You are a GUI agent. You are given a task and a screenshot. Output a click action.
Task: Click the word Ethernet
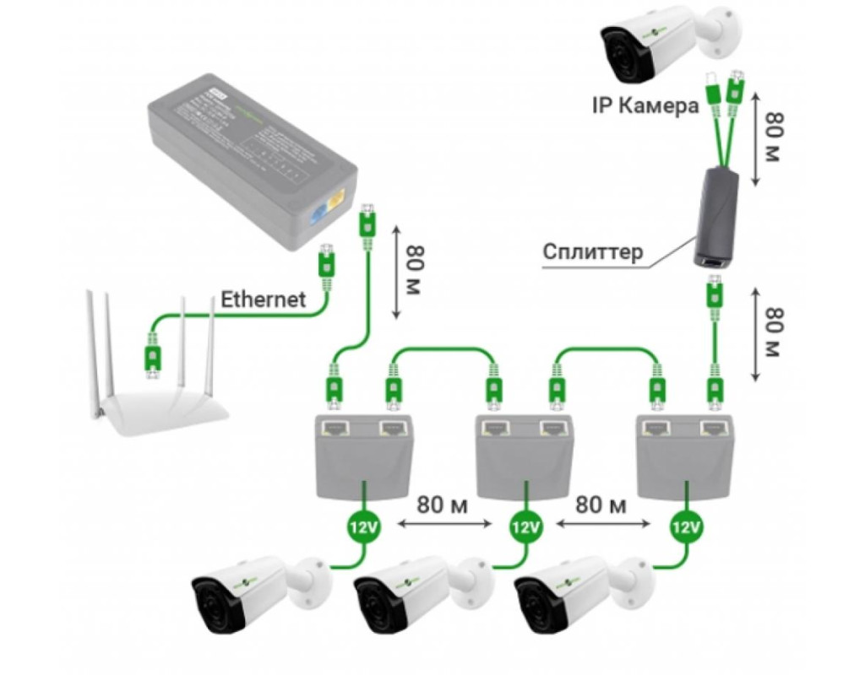tap(263, 299)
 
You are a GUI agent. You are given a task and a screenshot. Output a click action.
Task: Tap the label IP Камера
tap(645, 106)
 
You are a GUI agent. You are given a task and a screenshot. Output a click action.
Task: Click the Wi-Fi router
tap(160, 397)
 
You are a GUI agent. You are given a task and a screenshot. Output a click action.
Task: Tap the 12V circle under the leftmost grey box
tap(364, 529)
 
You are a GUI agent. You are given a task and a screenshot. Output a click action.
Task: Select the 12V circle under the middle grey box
tap(525, 529)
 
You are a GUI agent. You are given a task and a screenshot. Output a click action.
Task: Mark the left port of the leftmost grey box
tap(335, 428)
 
